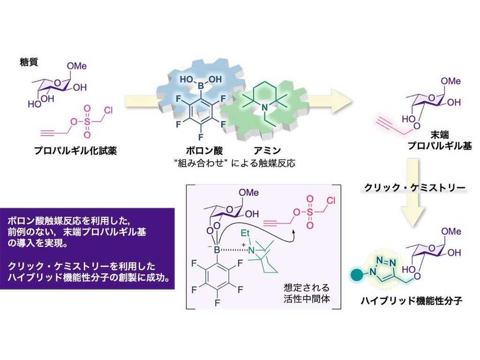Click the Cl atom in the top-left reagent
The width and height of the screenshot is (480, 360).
coord(109,111)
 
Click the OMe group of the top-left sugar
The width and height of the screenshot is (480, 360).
coord(76,67)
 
